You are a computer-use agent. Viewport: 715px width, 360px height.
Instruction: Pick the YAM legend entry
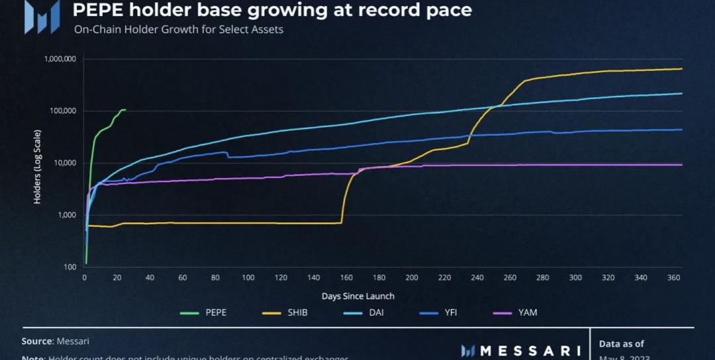tap(528, 312)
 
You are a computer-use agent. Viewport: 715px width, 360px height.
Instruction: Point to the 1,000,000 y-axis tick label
tap(60, 59)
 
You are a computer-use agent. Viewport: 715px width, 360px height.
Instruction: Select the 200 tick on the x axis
tap(412, 278)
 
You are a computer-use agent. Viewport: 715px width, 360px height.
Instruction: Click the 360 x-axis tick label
tap(673, 278)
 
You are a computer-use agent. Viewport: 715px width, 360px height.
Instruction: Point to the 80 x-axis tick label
tap(215, 278)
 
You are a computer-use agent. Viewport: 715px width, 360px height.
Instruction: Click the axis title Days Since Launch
tap(358, 296)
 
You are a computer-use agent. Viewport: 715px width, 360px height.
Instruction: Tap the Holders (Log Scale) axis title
tap(37, 163)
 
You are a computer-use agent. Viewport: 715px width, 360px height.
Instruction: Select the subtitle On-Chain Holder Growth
tap(179, 30)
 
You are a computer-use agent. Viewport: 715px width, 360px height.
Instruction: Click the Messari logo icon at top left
tap(42, 17)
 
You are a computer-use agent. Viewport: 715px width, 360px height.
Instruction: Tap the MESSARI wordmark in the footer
tap(530, 351)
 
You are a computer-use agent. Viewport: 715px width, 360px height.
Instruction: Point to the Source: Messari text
tap(56, 341)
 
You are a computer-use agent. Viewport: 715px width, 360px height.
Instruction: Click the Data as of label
tap(621, 343)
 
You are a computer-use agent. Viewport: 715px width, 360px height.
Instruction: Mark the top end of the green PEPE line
tap(124, 110)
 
